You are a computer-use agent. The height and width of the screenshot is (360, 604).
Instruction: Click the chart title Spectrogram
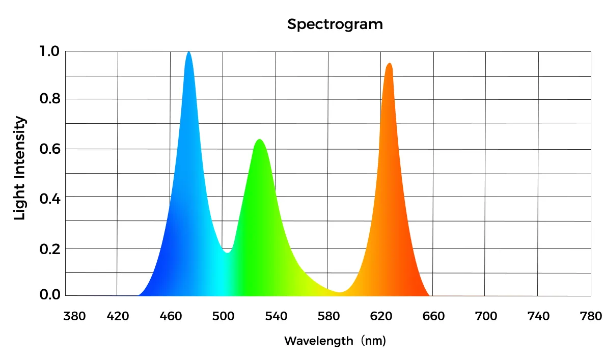[335, 24]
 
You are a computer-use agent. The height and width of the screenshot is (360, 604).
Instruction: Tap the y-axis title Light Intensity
[19, 168]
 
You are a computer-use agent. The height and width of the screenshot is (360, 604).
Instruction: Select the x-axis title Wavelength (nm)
[335, 340]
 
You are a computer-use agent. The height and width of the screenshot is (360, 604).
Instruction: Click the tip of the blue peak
[189, 52]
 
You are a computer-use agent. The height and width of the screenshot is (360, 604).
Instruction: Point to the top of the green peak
[260, 140]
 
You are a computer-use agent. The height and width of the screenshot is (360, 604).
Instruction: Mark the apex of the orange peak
[390, 64]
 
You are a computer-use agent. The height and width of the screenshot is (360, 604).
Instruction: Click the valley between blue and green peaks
[228, 252]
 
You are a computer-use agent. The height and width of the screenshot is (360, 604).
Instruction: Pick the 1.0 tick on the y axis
[49, 51]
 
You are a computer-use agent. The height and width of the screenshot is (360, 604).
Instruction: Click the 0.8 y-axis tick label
[49, 99]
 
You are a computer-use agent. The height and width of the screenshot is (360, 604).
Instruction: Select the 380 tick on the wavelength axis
[74, 317]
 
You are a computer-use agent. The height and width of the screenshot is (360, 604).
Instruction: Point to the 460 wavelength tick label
[170, 317]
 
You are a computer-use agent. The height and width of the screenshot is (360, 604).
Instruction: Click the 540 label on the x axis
[276, 317]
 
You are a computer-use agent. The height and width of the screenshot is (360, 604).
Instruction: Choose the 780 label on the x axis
[591, 317]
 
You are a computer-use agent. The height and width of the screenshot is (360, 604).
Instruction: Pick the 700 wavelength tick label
[486, 317]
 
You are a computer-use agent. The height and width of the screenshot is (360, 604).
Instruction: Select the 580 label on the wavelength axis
[328, 317]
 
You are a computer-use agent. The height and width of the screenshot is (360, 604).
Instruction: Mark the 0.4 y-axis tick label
[49, 198]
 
